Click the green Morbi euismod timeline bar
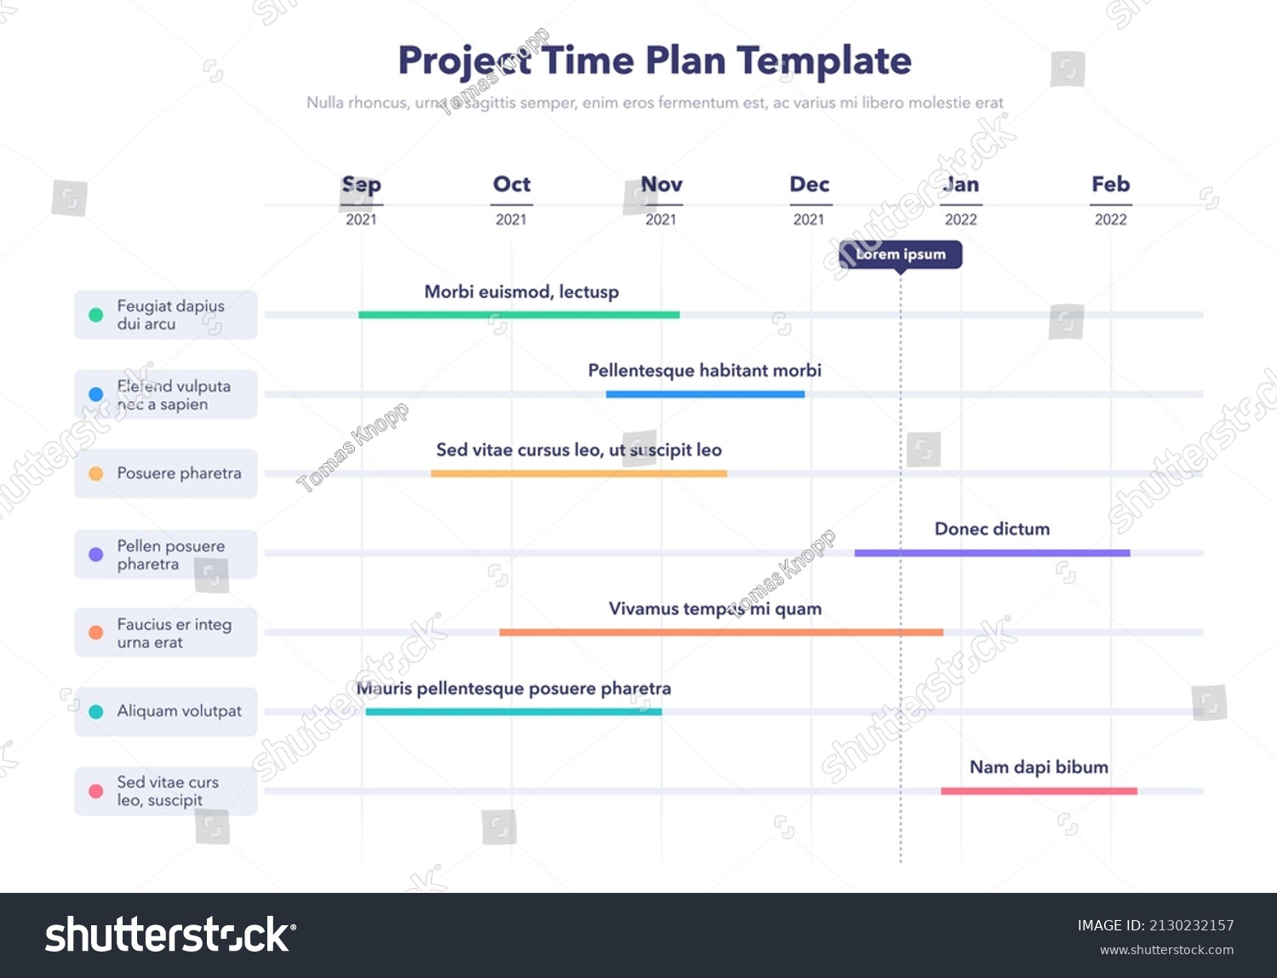[518, 315]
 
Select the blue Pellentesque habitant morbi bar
[705, 394]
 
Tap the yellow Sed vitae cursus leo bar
[579, 473]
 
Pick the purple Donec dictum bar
[992, 553]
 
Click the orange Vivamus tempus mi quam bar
[720, 632]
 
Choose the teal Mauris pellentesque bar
[513, 712]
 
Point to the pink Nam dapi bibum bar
[1039, 792]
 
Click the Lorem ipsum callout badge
[901, 255]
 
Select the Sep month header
[361, 185]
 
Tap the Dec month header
[809, 185]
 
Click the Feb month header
[1110, 185]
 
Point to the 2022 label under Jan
[960, 220]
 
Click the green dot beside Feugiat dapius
[96, 315]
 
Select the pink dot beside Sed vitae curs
[96, 792]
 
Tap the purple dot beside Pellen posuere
[96, 554]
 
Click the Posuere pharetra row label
[179, 473]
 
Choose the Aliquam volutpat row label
[179, 712]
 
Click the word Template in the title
[824, 61]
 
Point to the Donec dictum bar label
[992, 529]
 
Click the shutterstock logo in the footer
[170, 935]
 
